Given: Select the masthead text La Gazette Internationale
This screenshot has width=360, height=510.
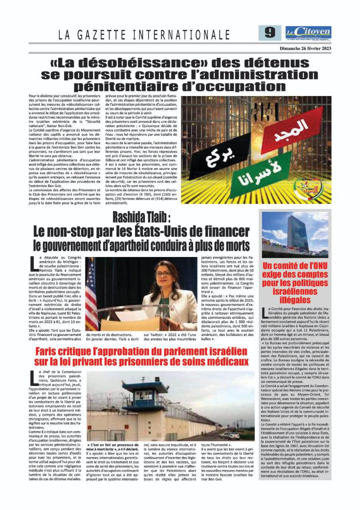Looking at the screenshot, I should pyautogui.click(x=144, y=35).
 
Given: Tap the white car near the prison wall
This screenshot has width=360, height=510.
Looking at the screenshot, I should pyautogui.click(x=229, y=436).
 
